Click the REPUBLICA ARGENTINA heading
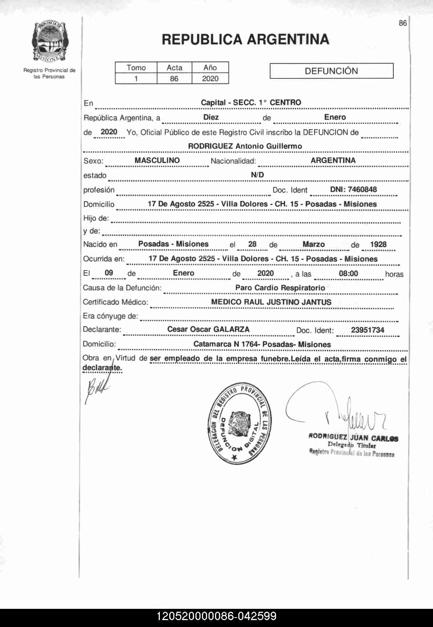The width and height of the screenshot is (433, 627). click(245, 39)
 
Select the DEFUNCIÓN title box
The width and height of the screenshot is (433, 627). click(331, 71)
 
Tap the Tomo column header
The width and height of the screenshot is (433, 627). click(136, 68)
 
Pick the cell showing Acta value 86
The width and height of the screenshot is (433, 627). click(174, 78)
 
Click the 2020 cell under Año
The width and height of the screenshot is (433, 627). click(210, 78)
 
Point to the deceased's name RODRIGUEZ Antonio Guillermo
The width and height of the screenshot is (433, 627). click(245, 146)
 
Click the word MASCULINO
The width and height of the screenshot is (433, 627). click(157, 160)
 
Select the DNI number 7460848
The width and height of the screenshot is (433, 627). click(353, 189)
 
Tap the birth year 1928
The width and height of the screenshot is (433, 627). click(378, 244)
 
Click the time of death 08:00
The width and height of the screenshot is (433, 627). click(348, 273)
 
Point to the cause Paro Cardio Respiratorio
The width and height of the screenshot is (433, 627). click(280, 288)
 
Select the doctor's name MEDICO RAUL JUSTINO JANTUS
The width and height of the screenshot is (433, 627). click(271, 302)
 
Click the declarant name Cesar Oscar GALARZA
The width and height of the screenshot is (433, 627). click(208, 329)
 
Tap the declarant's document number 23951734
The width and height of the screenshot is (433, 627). click(367, 330)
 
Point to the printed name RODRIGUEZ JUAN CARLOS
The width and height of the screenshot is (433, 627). click(353, 438)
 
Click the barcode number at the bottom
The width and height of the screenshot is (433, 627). click(216, 616)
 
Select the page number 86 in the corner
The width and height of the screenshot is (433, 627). click(402, 23)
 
